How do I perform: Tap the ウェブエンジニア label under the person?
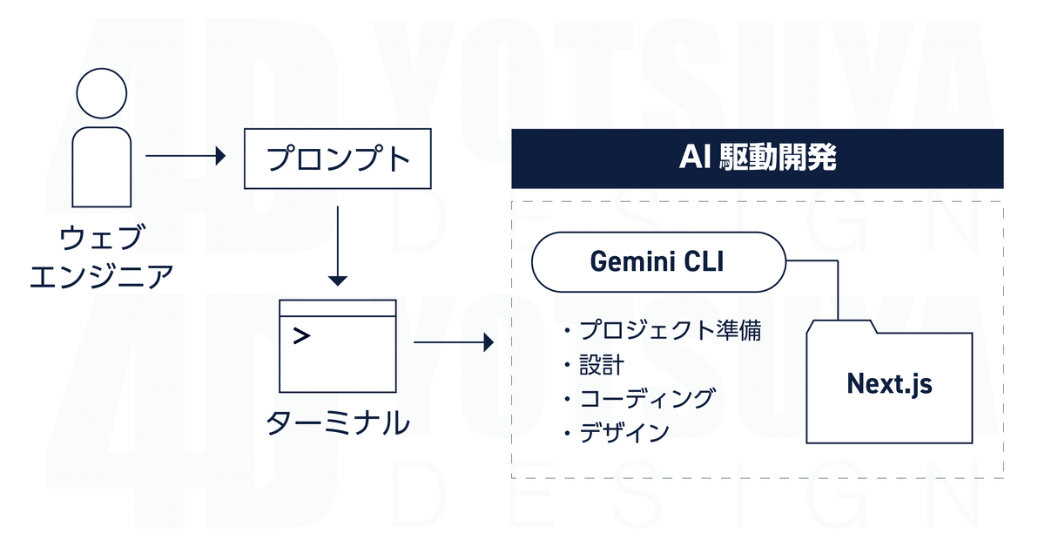pyautogui.click(x=101, y=257)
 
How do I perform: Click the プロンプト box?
pyautogui.click(x=338, y=159)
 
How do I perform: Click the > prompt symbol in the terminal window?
pyautogui.click(x=301, y=336)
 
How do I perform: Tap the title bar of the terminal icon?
pyautogui.click(x=338, y=307)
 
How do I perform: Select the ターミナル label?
pyautogui.click(x=338, y=422)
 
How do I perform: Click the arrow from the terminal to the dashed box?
pyautogui.click(x=453, y=343)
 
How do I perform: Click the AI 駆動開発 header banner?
pyautogui.click(x=757, y=159)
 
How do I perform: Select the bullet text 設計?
pyautogui.click(x=601, y=365)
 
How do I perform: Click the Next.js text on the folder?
pyautogui.click(x=889, y=383)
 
